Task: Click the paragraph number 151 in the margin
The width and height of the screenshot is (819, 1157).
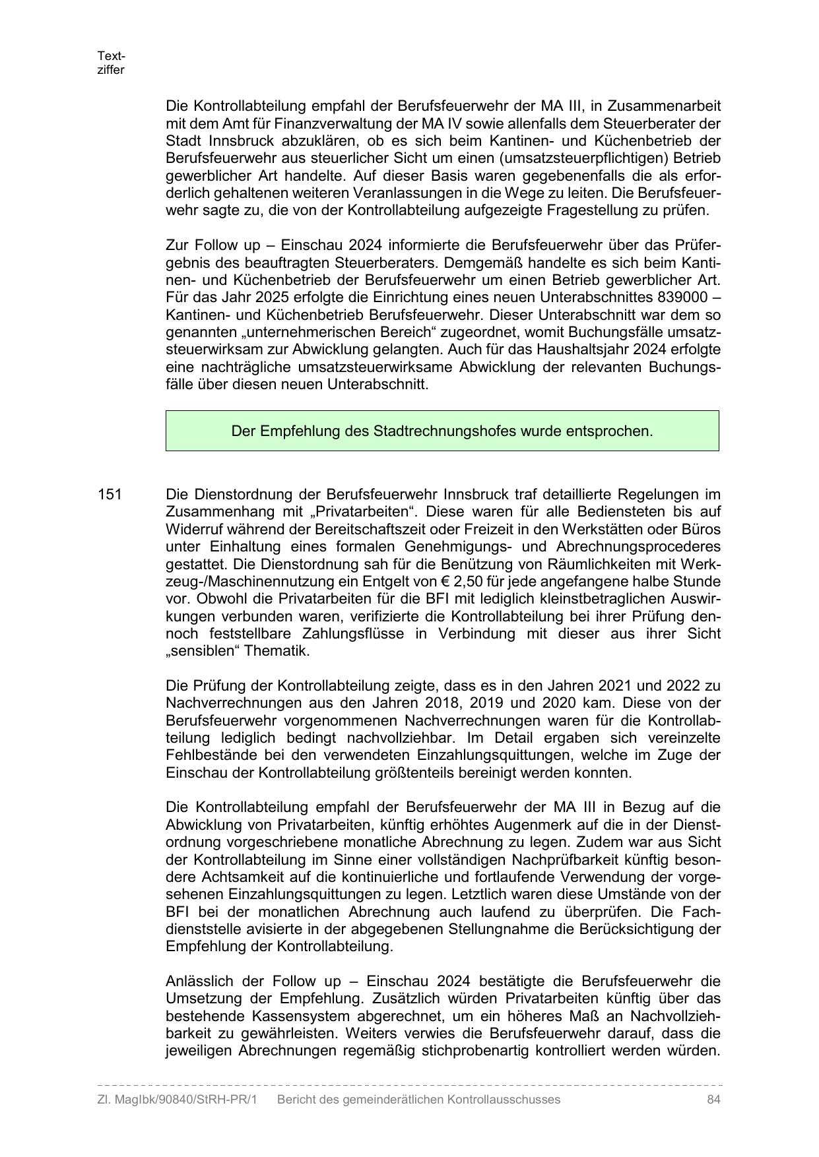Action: click(110, 494)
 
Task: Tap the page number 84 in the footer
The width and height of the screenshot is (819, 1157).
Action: click(713, 1100)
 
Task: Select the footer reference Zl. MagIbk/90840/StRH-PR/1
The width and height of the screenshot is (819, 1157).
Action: click(177, 1100)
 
